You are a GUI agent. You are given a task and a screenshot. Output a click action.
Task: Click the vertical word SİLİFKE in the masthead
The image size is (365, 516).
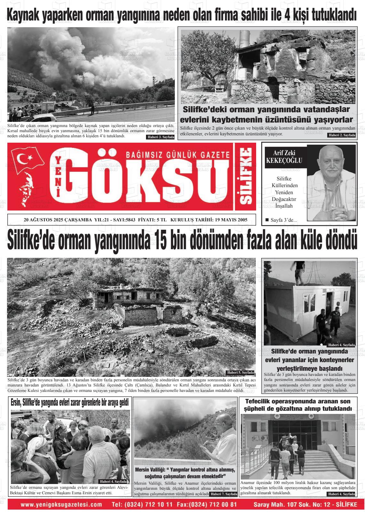pos(246,176)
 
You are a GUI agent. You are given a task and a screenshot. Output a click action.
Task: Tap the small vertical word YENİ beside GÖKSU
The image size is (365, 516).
pos(58,176)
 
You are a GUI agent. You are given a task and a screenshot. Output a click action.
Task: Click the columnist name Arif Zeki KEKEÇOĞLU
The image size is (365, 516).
pos(284,157)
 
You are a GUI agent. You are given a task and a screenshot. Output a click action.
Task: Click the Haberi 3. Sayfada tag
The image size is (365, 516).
pos(160,137)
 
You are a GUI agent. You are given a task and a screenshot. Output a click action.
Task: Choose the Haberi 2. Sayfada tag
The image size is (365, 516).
pos(342,135)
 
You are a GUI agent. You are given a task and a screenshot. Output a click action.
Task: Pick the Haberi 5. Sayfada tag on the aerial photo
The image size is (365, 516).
pos(240,372)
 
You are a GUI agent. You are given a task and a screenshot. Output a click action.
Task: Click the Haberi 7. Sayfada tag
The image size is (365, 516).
pos(224,494)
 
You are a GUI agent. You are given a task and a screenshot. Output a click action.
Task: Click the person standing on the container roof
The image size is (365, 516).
pos(299,272)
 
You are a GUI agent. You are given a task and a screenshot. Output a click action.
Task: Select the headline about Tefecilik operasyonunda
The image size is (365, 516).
pos(298,405)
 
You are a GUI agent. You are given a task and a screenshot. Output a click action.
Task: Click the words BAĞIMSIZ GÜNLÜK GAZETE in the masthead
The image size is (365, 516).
pos(178,155)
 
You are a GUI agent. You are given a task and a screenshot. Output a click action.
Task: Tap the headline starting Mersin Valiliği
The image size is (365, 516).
pos(185,473)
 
